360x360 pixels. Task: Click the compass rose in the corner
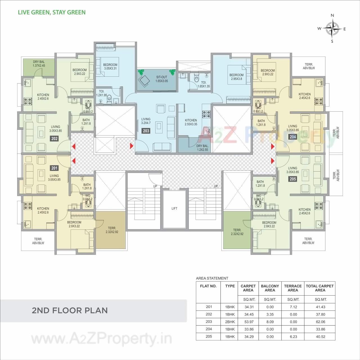332,28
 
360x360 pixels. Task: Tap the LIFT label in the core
174,208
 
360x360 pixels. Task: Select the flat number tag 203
146,131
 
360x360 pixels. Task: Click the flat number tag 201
54,168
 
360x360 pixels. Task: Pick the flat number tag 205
293,179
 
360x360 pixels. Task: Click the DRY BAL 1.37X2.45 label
39,64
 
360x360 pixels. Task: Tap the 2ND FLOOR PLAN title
70,310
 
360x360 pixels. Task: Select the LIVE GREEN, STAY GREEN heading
52,12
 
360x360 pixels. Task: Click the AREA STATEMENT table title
212,278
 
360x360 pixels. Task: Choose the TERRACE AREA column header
293,288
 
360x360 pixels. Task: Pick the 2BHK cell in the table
230,322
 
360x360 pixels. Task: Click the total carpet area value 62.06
320,322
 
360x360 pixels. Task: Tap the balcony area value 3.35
270,314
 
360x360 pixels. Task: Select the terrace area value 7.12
293,307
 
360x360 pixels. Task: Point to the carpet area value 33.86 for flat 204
248,329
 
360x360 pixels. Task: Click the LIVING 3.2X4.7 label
146,121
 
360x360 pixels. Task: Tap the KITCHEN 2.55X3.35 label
191,122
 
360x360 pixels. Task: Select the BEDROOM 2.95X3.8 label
236,77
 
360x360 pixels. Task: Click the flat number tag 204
293,137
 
